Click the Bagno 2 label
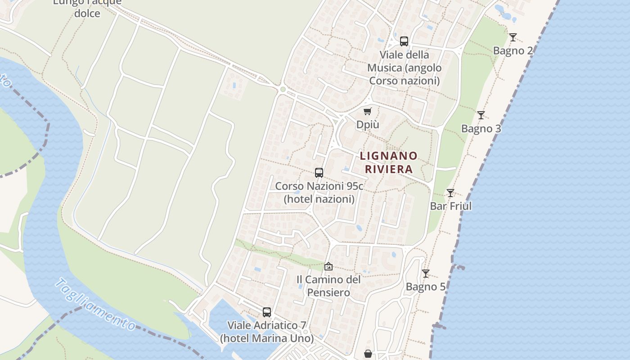(x=513, y=50)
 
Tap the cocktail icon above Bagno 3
(x=481, y=115)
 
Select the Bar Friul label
(x=451, y=206)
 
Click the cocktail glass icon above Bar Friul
(x=450, y=193)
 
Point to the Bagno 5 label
(x=426, y=287)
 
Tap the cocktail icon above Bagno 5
(x=426, y=274)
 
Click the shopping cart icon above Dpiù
(x=368, y=111)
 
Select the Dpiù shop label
(x=368, y=124)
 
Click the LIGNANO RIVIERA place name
(x=389, y=162)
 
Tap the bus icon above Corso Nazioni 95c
(x=319, y=172)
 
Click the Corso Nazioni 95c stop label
(x=319, y=192)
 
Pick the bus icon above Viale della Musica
(x=404, y=41)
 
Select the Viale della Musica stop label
(x=404, y=68)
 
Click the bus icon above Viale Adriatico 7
(x=267, y=312)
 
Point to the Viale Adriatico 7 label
(x=267, y=332)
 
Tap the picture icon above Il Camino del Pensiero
(x=328, y=266)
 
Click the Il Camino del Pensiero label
(x=328, y=286)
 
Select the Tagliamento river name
(x=95, y=305)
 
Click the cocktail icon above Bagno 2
(x=513, y=37)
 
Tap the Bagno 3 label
(x=481, y=129)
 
